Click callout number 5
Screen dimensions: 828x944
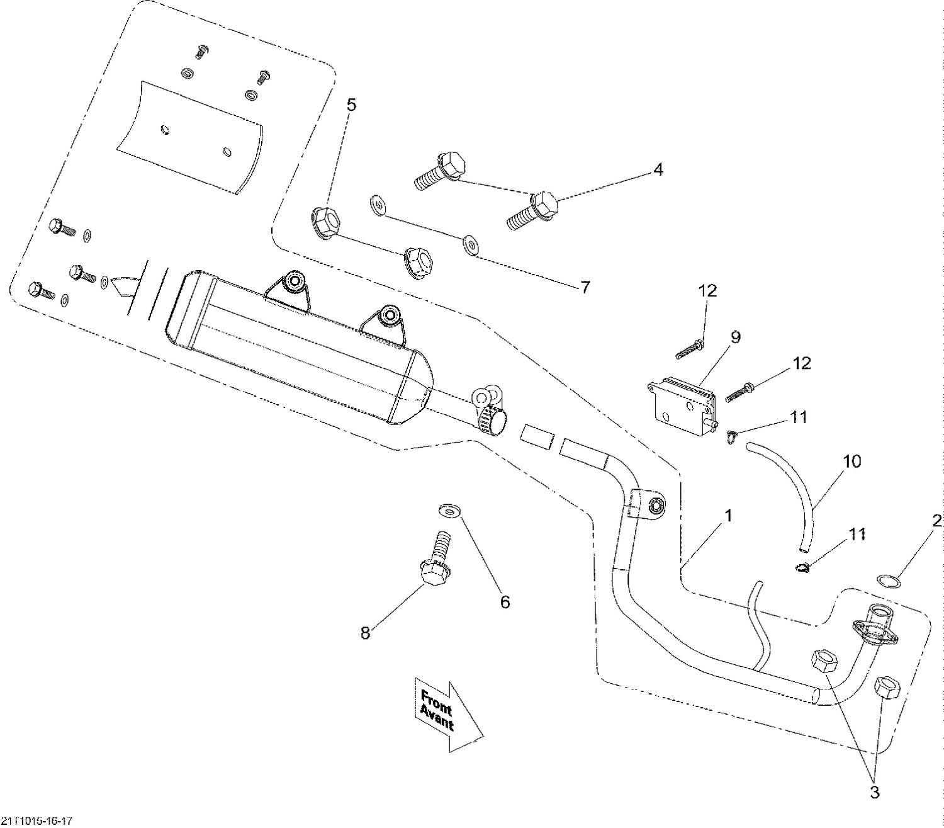pyautogui.click(x=351, y=105)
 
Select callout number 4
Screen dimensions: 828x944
pyautogui.click(x=657, y=169)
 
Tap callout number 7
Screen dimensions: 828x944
pyautogui.click(x=585, y=287)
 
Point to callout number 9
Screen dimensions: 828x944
pyautogui.click(x=735, y=337)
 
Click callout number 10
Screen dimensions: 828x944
pyautogui.click(x=851, y=462)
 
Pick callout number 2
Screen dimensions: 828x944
pyautogui.click(x=937, y=521)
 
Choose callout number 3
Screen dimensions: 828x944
pyautogui.click(x=874, y=793)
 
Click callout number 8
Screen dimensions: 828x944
pyautogui.click(x=365, y=633)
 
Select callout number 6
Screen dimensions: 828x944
pyautogui.click(x=505, y=602)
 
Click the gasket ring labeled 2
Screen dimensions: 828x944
pyautogui.click(x=887, y=580)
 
